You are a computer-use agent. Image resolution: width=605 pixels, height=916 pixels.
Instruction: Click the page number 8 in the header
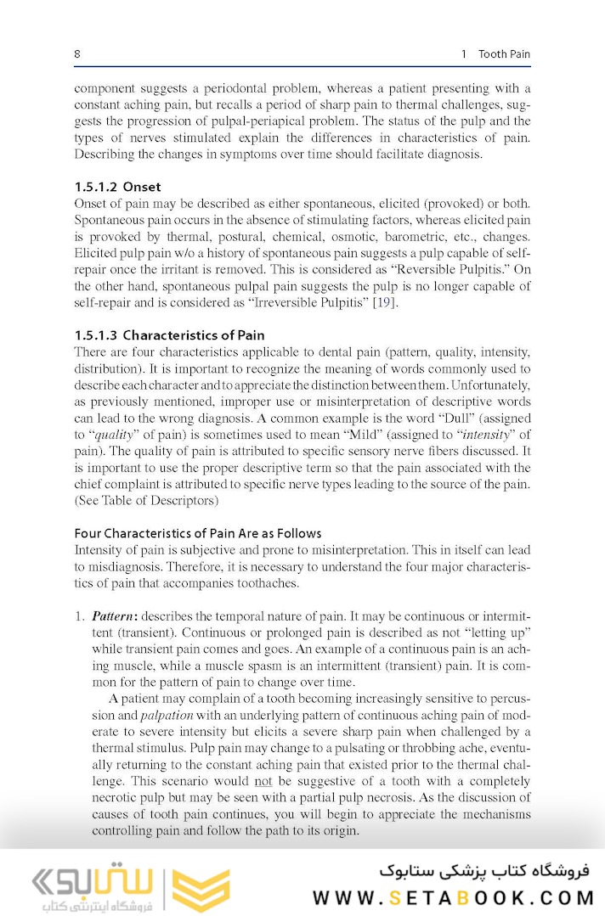pos(77,54)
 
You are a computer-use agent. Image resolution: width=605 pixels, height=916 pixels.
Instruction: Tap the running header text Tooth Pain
pos(504,54)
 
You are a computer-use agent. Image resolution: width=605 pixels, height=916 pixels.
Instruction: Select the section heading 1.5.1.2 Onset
pos(117,186)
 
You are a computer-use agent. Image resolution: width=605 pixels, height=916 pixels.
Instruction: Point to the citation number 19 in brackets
pos(383,302)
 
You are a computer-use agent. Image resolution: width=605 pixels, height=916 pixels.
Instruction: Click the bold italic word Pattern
pos(110,615)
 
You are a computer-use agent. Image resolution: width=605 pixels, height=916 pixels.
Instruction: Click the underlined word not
pos(264,781)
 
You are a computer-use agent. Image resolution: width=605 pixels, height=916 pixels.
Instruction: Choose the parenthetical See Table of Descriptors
pos(146,501)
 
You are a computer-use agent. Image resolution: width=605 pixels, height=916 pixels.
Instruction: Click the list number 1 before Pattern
pos(79,615)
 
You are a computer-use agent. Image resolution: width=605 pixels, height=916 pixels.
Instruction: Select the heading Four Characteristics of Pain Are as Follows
pos(198,533)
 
